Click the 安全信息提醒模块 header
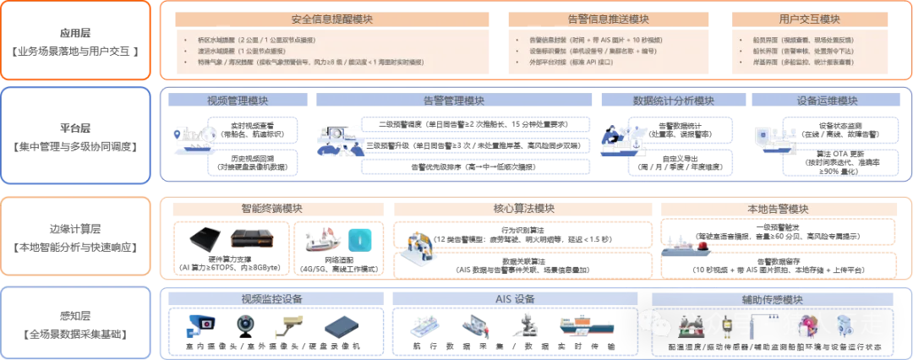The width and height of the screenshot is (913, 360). pos(331,19)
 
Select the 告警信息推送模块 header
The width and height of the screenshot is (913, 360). pos(610,19)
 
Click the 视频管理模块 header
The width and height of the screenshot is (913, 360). pos(237,101)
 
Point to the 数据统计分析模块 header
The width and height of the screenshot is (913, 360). pos(673,101)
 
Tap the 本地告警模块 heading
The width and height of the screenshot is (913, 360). pos(778,209)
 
